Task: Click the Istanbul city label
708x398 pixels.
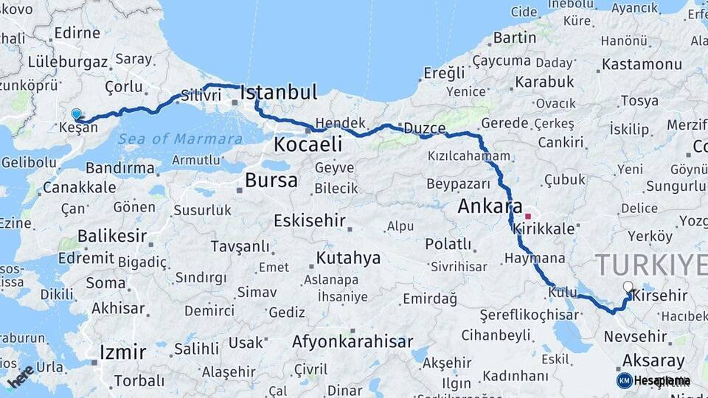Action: (x=279, y=92)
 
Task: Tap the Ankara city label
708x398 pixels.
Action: (x=490, y=206)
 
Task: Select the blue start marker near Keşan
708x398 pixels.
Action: (x=77, y=114)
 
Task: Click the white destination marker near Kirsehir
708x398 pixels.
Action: (x=628, y=287)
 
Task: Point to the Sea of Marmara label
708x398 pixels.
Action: (x=190, y=139)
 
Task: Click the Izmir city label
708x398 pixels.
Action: (x=122, y=350)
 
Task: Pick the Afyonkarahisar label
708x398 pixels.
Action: (x=352, y=342)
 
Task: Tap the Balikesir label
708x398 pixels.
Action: (x=108, y=237)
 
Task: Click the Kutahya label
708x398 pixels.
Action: (x=348, y=257)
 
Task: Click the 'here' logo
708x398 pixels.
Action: (x=20, y=375)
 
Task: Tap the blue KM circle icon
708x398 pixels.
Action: (x=624, y=380)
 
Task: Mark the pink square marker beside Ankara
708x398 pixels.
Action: (x=528, y=216)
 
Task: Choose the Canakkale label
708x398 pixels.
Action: (x=79, y=187)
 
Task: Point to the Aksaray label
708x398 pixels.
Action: (x=653, y=360)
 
